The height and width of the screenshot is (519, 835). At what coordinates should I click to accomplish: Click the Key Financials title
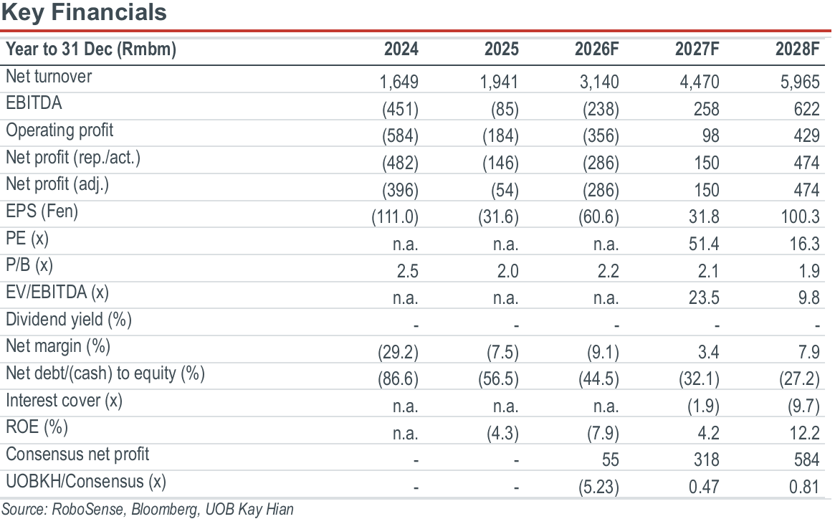point(84,12)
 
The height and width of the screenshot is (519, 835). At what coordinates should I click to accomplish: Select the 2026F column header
point(596,49)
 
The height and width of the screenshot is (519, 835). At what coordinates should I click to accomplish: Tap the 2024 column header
point(401,49)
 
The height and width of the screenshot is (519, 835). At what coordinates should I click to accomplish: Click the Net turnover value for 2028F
point(800,82)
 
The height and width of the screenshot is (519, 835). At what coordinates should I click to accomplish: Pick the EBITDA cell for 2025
point(505,109)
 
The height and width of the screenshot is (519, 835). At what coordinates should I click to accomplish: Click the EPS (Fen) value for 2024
point(395,217)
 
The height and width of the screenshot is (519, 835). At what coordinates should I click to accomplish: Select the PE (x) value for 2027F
point(703,244)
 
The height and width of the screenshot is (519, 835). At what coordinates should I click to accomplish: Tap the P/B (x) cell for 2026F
point(608,271)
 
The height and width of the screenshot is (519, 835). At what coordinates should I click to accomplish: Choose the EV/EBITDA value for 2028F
point(808,297)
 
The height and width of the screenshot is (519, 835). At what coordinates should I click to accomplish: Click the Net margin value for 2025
point(502,352)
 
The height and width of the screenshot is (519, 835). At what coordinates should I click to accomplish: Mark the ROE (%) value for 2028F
point(804,433)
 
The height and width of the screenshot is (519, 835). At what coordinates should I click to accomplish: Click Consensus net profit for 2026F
point(610,460)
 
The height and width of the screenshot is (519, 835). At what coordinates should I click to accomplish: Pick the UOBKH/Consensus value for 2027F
point(703,487)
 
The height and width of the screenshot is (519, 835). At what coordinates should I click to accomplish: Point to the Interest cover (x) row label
point(64,400)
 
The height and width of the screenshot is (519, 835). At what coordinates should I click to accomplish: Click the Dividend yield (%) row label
point(69,319)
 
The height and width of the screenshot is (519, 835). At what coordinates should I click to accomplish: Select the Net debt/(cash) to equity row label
point(105,373)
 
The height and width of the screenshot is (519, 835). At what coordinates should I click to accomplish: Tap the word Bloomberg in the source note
point(164,509)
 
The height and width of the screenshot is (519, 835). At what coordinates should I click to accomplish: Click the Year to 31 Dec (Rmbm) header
point(90,49)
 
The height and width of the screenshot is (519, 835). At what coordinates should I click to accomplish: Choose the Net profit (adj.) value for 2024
point(400,190)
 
